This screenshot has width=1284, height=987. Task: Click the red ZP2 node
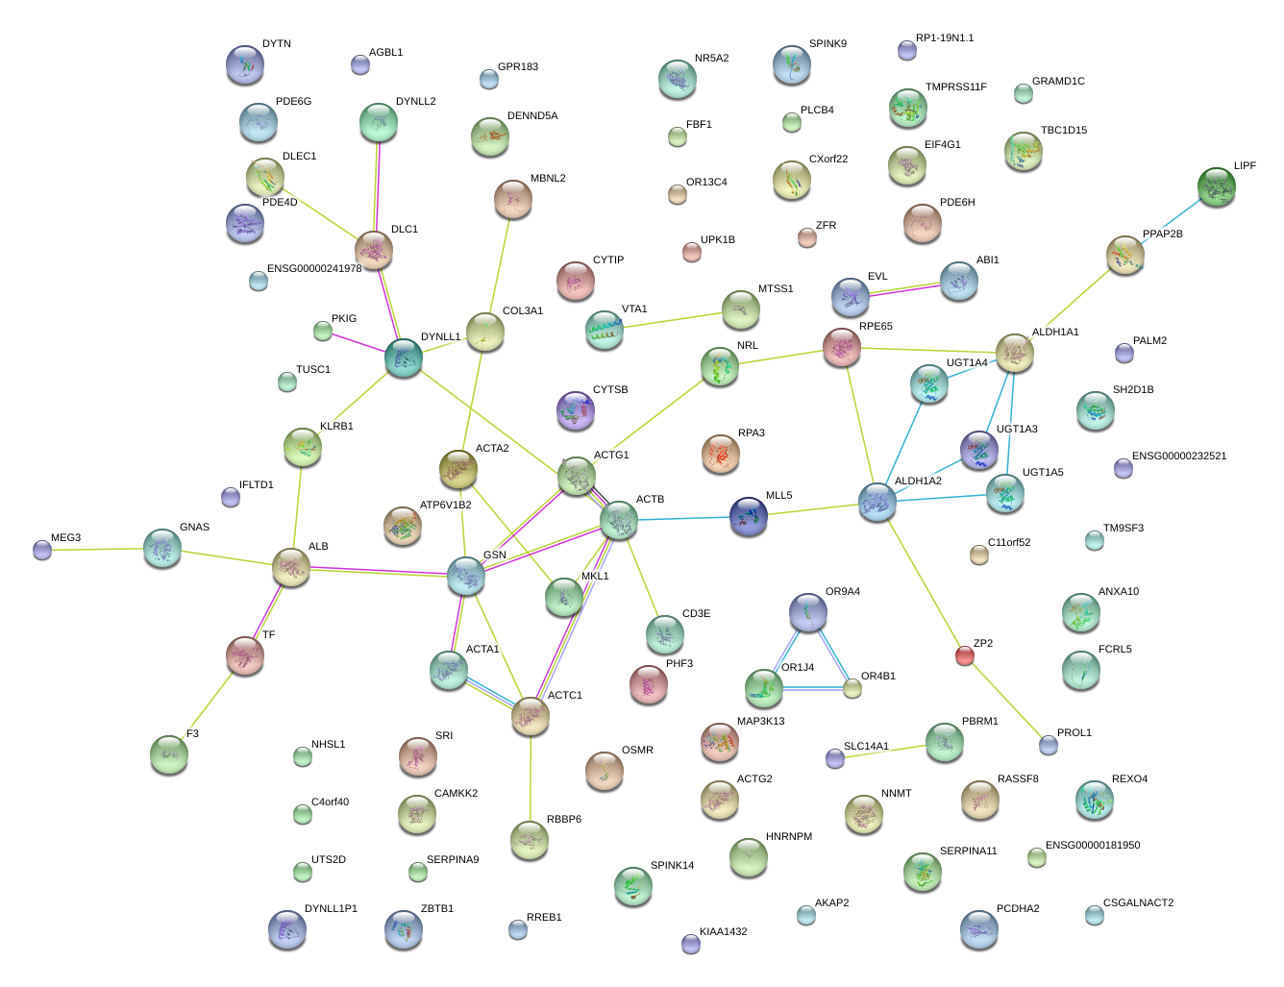(x=964, y=655)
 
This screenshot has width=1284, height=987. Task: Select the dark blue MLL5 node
(x=748, y=516)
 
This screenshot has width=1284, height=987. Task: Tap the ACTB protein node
(x=619, y=520)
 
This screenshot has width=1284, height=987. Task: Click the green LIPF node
(x=1216, y=186)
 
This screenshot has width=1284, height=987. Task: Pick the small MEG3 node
(x=42, y=550)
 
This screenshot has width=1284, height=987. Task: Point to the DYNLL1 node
(x=404, y=358)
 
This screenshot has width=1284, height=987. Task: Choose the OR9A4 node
(x=807, y=612)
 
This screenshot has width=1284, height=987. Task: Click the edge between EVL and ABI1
(x=904, y=289)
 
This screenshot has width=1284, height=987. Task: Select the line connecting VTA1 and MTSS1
(x=673, y=320)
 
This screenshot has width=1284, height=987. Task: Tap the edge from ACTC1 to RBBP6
(x=530, y=777)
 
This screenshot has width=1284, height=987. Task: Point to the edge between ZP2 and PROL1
(x=1007, y=701)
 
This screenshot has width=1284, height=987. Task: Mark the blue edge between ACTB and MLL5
(x=683, y=518)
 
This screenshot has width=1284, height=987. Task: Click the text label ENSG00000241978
(x=314, y=268)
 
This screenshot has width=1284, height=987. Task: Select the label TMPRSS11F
(x=955, y=86)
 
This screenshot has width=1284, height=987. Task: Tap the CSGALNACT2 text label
(x=1138, y=902)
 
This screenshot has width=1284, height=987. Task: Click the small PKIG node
(x=322, y=332)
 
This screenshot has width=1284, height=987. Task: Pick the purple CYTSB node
(x=575, y=410)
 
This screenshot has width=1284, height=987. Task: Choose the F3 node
(x=169, y=754)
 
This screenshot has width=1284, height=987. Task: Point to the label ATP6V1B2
(x=446, y=505)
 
